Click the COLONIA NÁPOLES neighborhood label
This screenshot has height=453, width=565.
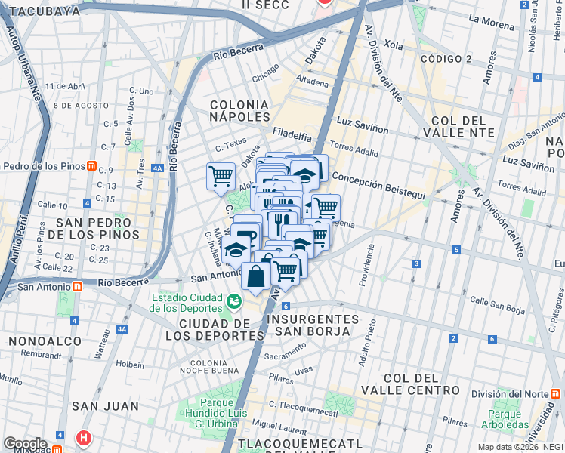pyautogui.click(x=239, y=110)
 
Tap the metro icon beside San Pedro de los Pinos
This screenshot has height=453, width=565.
pyautogui.click(x=91, y=166)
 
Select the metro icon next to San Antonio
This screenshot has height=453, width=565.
pyautogui.click(x=77, y=287)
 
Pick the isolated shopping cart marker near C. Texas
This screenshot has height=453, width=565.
pyautogui.click(x=221, y=177)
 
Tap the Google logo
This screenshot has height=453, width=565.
pyautogui.click(x=25, y=444)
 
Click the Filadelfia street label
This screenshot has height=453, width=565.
pyautogui.click(x=292, y=137)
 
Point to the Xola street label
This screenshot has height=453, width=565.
pyautogui.click(x=394, y=45)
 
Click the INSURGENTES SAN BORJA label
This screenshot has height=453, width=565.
pyautogui.click(x=312, y=325)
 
